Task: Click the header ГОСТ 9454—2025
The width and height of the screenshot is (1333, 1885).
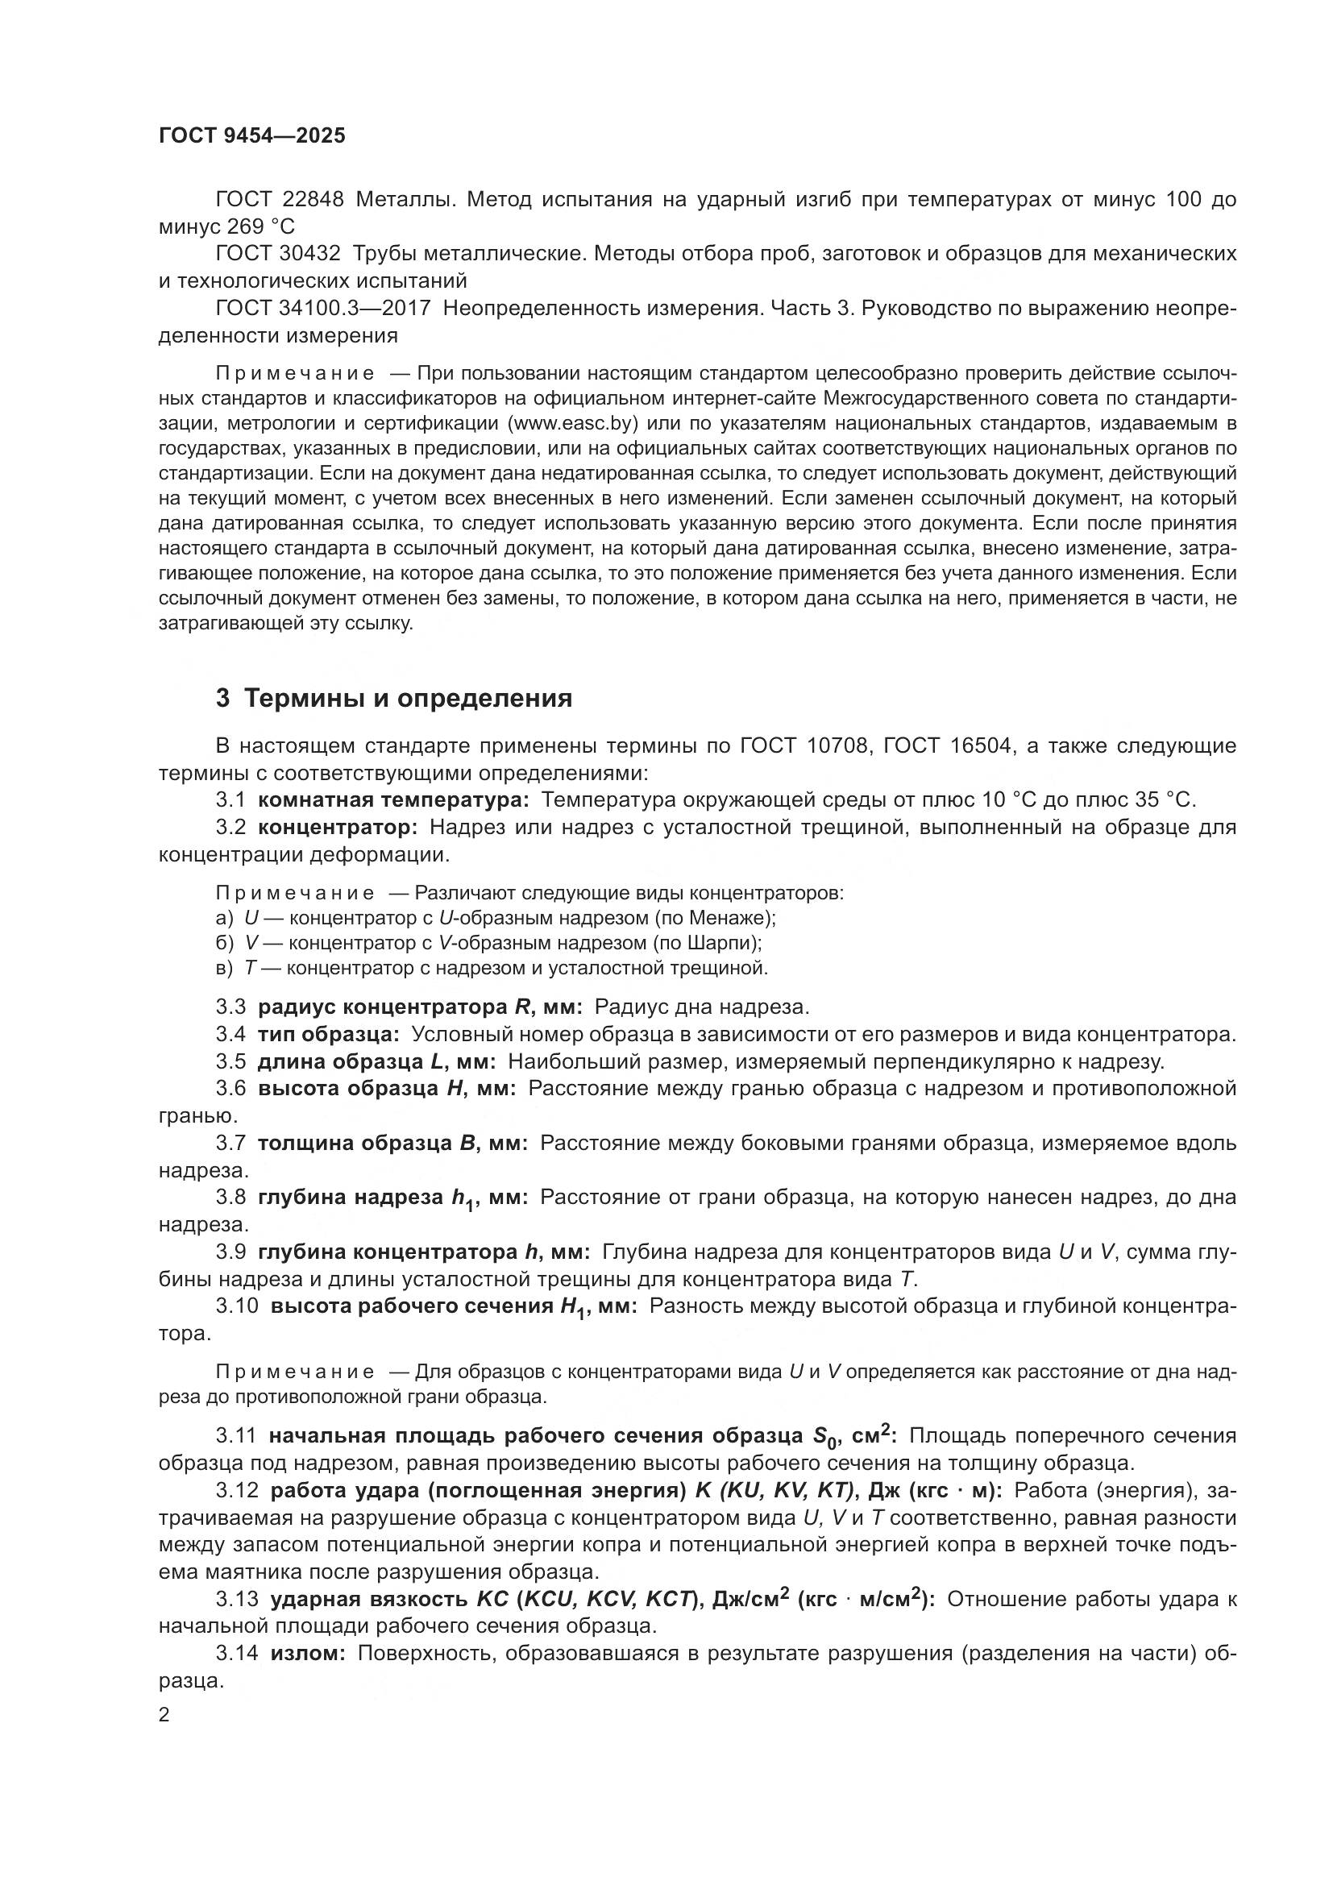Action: point(251,136)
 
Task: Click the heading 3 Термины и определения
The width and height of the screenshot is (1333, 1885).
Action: point(393,699)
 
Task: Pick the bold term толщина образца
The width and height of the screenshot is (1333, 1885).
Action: point(358,1143)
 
